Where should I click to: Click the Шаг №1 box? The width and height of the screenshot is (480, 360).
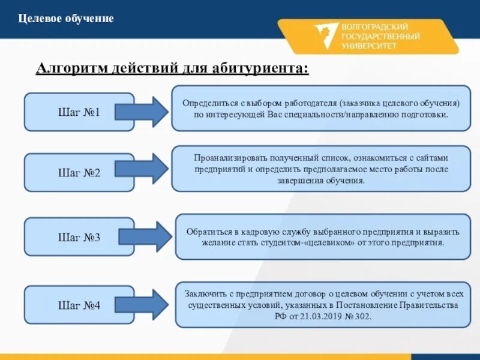(79, 112)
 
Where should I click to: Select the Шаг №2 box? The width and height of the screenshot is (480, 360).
(79, 173)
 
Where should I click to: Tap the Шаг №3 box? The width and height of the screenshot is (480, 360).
(79, 237)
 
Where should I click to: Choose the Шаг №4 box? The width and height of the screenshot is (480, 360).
(79, 306)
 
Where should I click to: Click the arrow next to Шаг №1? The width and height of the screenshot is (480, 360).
(142, 112)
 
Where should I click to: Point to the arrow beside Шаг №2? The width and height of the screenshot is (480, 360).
(142, 169)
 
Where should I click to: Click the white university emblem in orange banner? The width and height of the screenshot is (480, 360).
(324, 36)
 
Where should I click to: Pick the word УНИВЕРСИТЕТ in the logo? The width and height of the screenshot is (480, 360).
(368, 46)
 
